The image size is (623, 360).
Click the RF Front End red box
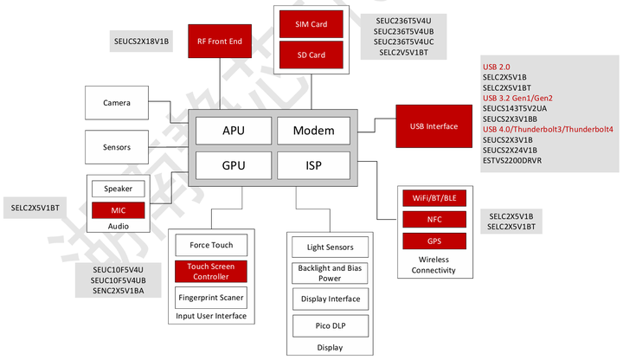(220, 41)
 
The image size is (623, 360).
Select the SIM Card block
(311, 24)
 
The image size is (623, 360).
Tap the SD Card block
(311, 55)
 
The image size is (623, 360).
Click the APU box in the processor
(234, 131)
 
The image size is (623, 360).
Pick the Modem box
(313, 131)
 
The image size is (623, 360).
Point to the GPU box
(234, 165)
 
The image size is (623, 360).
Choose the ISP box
(313, 165)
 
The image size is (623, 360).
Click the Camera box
(117, 102)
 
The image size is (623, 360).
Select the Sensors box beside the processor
(117, 147)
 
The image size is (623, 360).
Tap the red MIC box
(118, 210)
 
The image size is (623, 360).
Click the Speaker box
(118, 189)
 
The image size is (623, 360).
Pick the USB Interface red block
(434, 126)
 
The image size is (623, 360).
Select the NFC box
(434, 219)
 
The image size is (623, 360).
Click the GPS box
(434, 241)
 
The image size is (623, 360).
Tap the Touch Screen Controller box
(211, 272)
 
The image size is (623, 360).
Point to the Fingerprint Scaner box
(211, 298)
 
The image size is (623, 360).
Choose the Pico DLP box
(331, 326)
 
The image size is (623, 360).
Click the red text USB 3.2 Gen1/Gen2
(517, 98)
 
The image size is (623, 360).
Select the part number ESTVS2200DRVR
(512, 161)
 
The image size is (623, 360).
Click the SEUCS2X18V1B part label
(141, 42)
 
